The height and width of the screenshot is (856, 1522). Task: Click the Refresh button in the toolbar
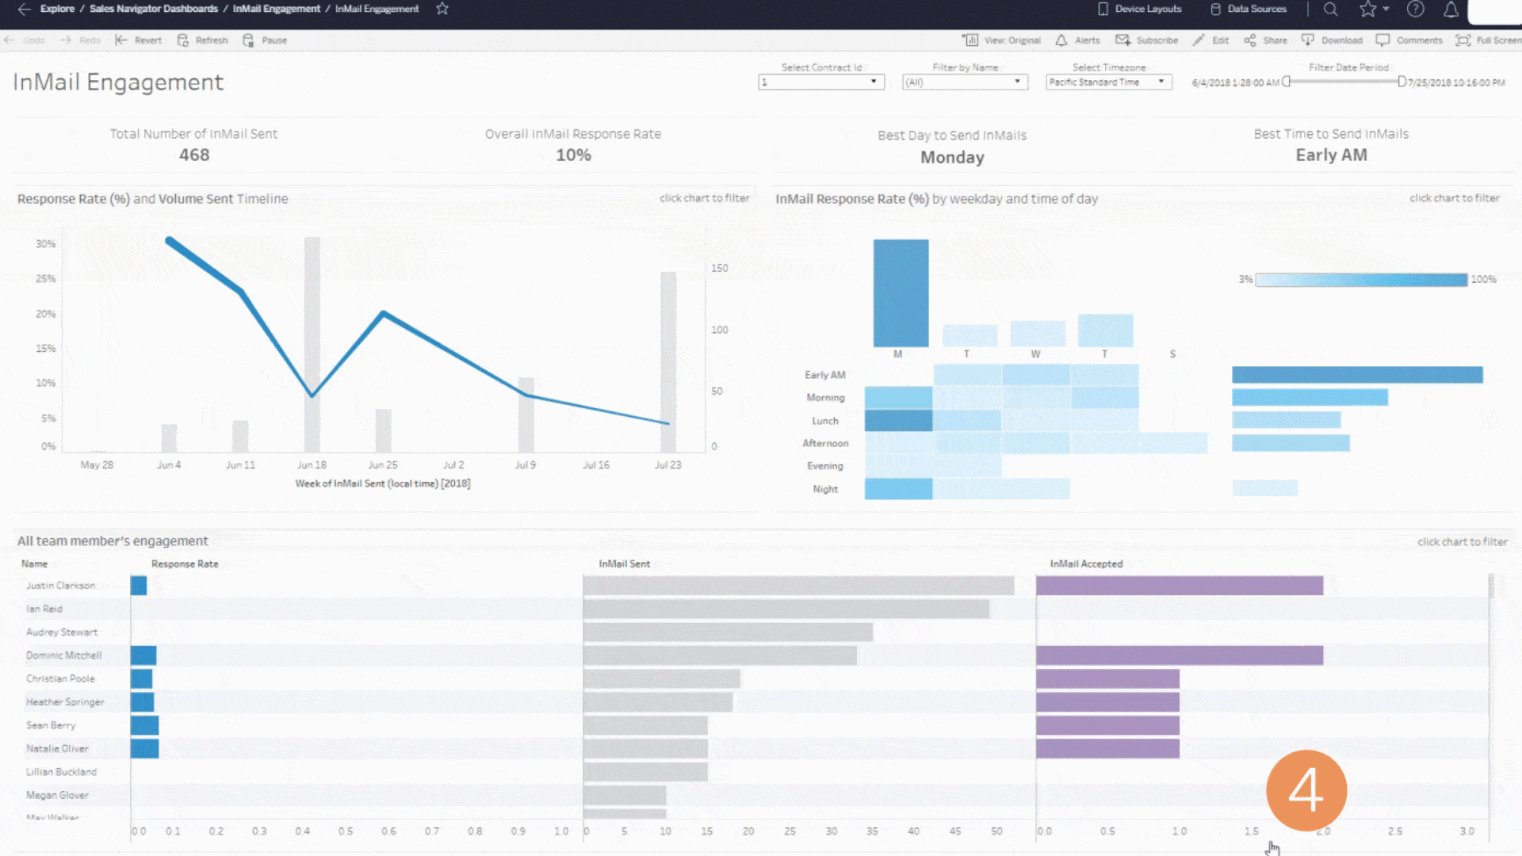pyautogui.click(x=203, y=40)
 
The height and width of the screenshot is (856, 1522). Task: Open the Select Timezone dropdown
pyautogui.click(x=1108, y=82)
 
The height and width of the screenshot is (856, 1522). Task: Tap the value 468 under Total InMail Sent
pyautogui.click(x=194, y=155)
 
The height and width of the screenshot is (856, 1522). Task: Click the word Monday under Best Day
pyautogui.click(x=952, y=158)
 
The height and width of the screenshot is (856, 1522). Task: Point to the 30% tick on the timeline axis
pyautogui.click(x=46, y=244)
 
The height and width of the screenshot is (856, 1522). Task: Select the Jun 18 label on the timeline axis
pyautogui.click(x=312, y=465)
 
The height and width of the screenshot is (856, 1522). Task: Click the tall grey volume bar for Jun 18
pyautogui.click(x=312, y=341)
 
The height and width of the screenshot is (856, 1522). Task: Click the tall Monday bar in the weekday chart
pyautogui.click(x=901, y=293)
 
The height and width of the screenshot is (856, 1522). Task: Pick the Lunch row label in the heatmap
pyautogui.click(x=824, y=421)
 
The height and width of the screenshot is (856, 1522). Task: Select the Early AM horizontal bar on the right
pyautogui.click(x=1357, y=375)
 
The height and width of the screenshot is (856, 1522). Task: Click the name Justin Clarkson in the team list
pyautogui.click(x=60, y=586)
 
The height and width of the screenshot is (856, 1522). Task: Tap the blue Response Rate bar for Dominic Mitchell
pyautogui.click(x=143, y=655)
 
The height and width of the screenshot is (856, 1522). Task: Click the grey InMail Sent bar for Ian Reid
pyautogui.click(x=786, y=609)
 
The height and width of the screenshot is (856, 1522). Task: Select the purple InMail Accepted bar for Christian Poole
pyautogui.click(x=1107, y=679)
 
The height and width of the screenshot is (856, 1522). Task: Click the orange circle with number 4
pyautogui.click(x=1306, y=790)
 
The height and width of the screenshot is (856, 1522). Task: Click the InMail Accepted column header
pyautogui.click(x=1086, y=564)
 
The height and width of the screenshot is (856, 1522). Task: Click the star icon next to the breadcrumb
pyautogui.click(x=442, y=9)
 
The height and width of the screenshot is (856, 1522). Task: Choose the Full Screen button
pyautogui.click(x=1490, y=40)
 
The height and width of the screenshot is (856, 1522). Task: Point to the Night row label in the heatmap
pyautogui.click(x=824, y=490)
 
